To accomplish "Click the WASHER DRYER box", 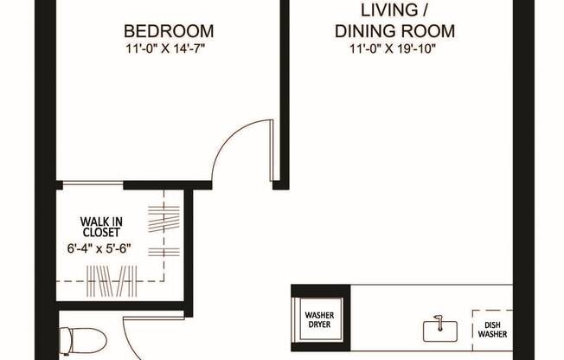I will [318, 313].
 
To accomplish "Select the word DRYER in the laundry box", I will [318, 327].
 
